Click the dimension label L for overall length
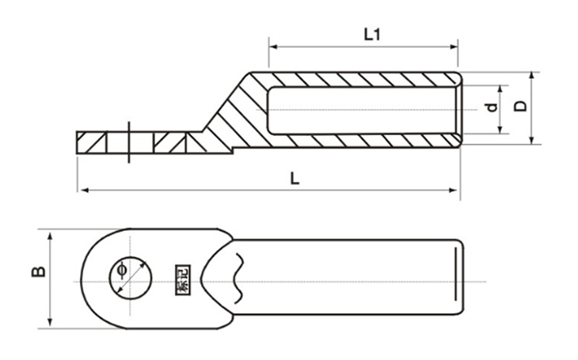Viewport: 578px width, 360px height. [x=295, y=179]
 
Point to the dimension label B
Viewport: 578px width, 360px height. [x=38, y=272]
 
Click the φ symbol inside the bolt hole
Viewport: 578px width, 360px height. [x=121, y=271]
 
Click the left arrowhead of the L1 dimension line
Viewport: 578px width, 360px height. [x=273, y=46]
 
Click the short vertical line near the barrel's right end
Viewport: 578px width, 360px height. [x=454, y=272]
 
